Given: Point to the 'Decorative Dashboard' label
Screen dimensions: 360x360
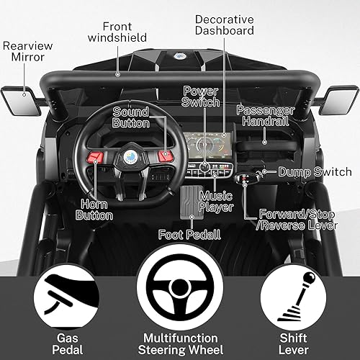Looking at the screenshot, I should [x=224, y=25].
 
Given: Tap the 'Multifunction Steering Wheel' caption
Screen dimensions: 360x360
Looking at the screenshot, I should [x=179, y=343].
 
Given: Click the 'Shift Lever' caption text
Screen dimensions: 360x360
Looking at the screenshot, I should [x=298, y=343].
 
